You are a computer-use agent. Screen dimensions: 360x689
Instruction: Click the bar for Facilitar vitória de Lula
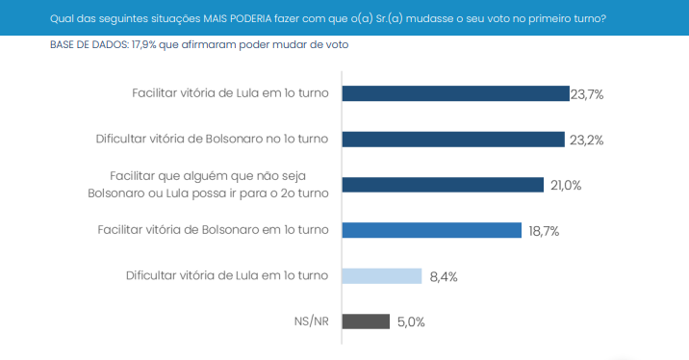tap(455, 93)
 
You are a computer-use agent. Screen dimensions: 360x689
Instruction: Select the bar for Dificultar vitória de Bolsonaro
tap(453, 139)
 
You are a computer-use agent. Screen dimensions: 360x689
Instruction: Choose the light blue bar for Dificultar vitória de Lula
tap(382, 275)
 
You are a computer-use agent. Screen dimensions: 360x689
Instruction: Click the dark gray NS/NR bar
tap(366, 321)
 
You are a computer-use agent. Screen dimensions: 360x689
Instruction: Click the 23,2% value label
tap(586, 140)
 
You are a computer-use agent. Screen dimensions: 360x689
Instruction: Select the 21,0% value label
tap(566, 185)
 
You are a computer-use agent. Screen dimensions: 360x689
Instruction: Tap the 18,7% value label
tap(543, 231)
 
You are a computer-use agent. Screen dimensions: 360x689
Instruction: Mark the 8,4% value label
tap(444, 276)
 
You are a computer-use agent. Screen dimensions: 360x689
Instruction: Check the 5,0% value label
tap(411, 322)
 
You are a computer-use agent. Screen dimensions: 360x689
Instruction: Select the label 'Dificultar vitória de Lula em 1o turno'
tap(227, 275)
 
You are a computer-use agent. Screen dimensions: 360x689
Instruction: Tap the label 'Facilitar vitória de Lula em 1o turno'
tap(230, 93)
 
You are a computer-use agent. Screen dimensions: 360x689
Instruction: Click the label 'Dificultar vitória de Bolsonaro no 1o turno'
tap(212, 139)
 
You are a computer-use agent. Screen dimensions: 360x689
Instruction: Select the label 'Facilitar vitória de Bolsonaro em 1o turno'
tap(214, 230)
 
